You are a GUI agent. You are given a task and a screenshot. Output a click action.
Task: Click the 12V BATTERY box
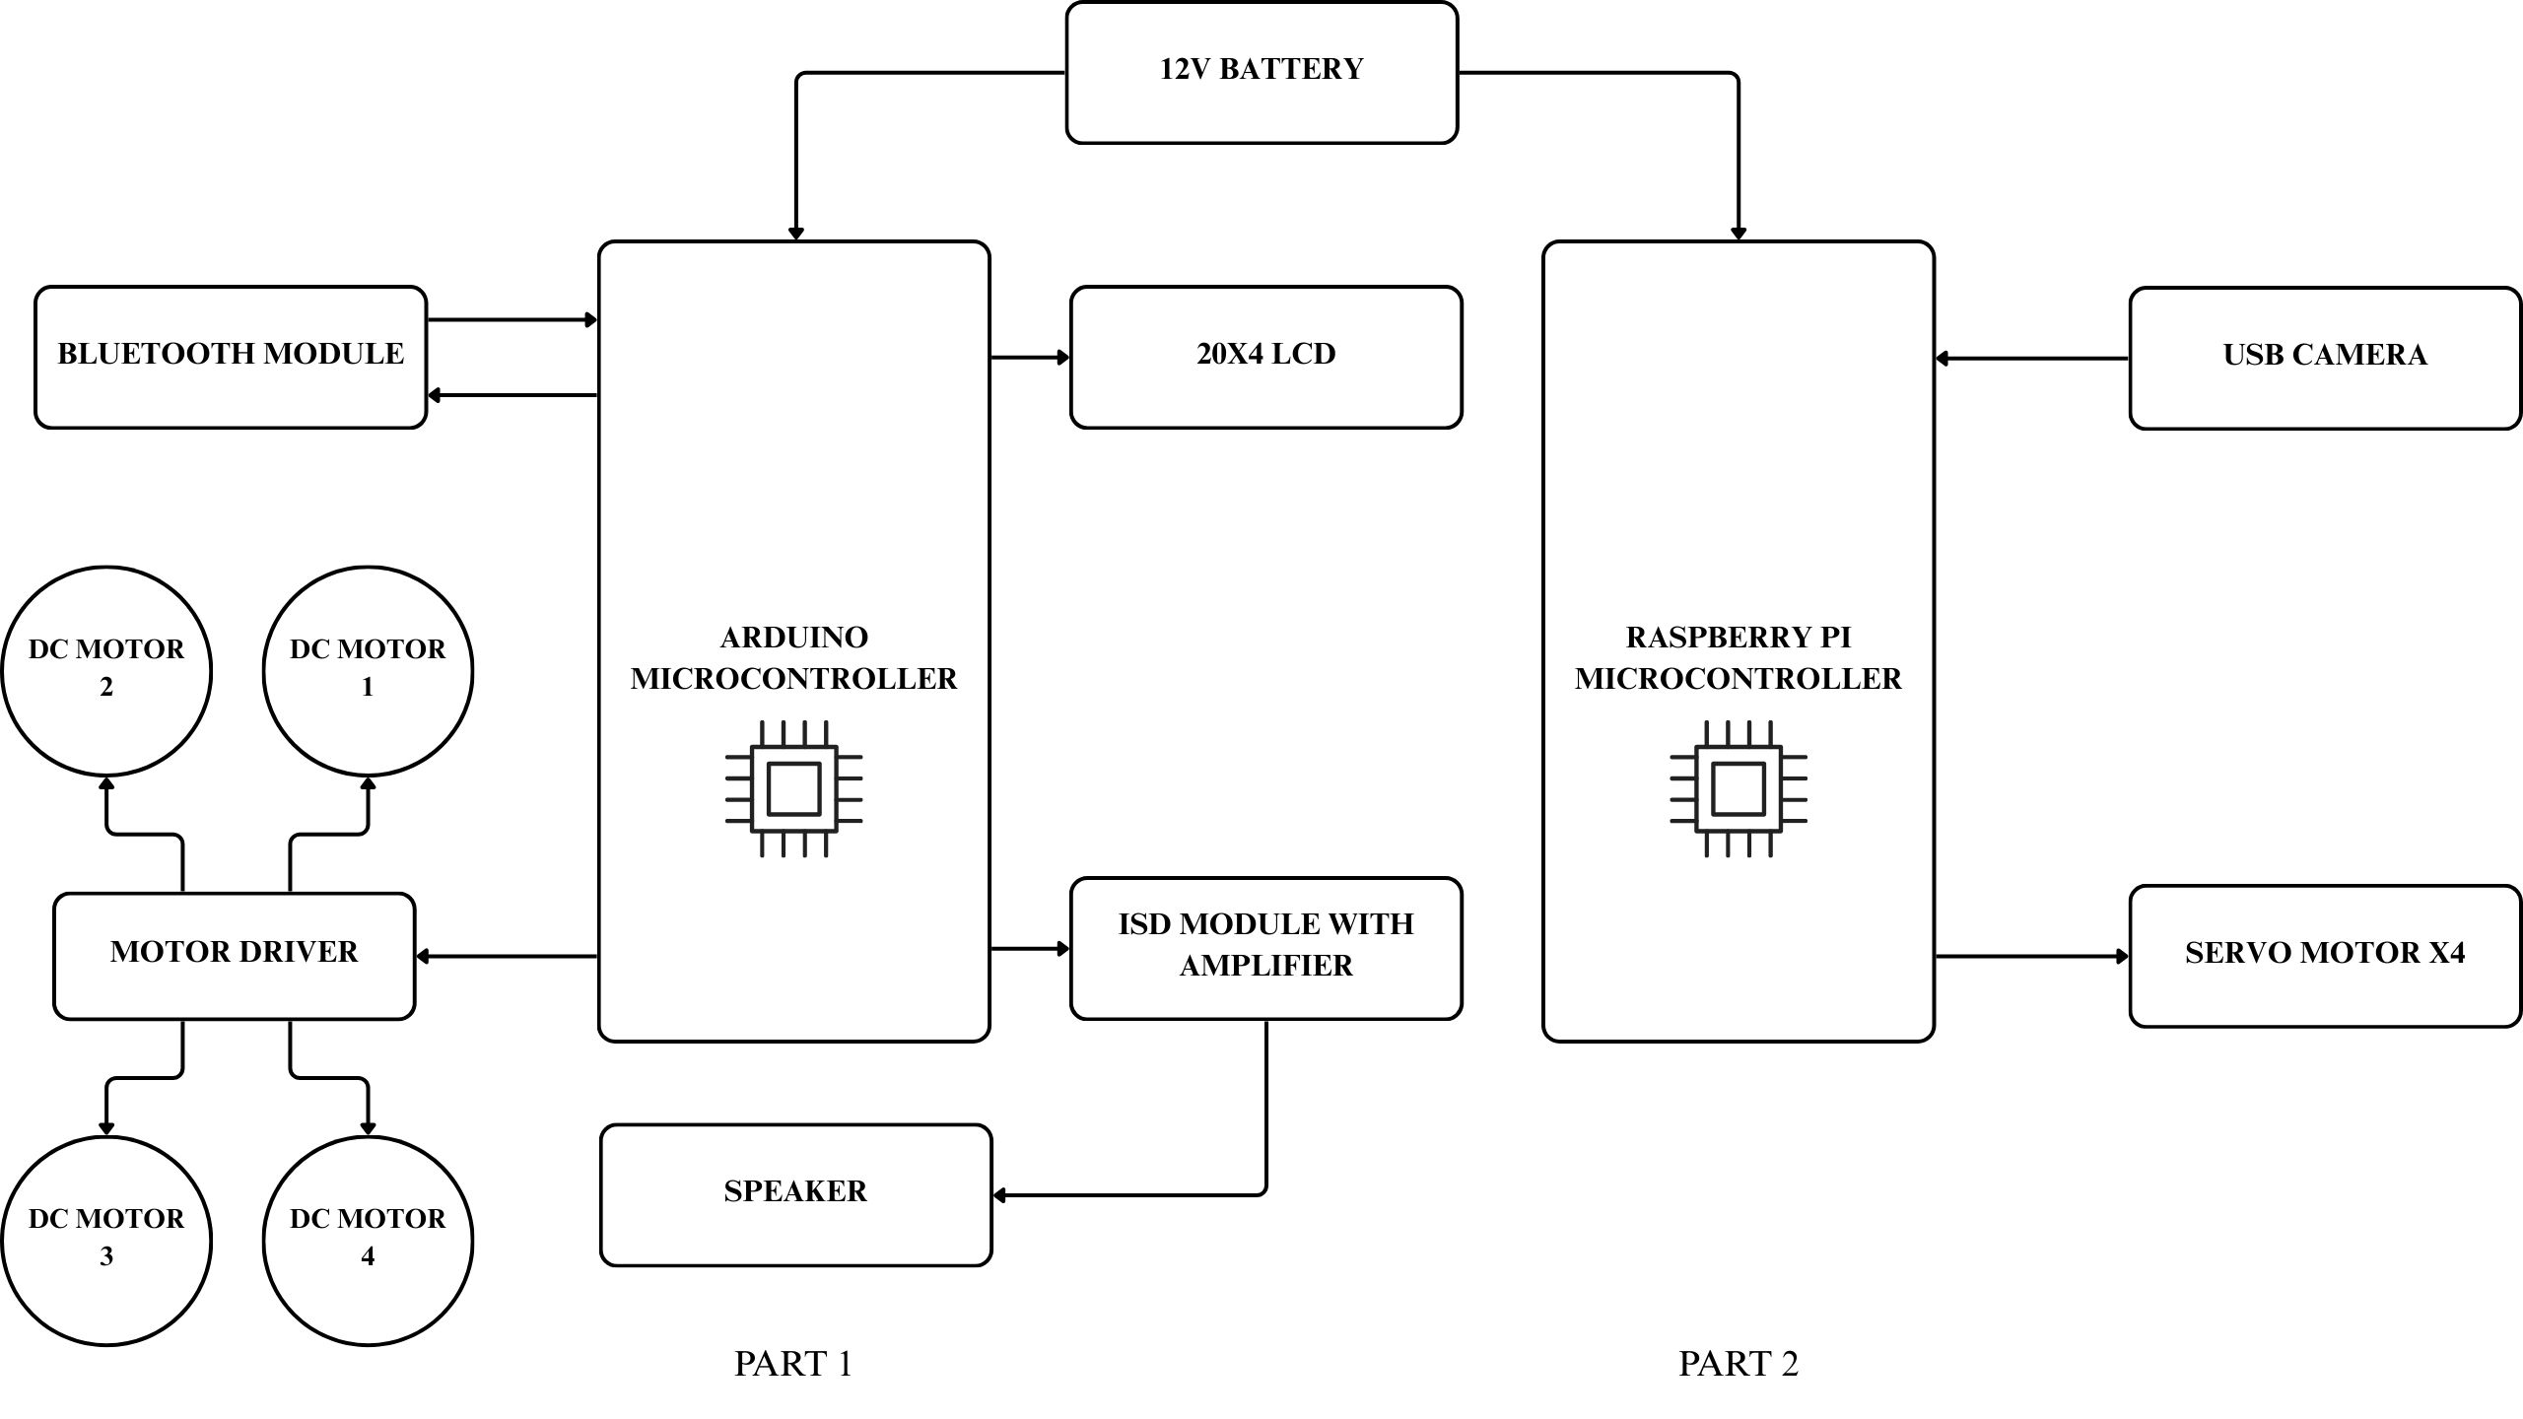tap(1261, 72)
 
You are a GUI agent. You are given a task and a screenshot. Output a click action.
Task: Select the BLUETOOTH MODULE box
tap(231, 357)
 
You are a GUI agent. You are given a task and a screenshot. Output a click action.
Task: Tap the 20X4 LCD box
tap(1265, 357)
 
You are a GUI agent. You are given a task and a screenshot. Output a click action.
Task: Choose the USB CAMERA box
tap(2325, 358)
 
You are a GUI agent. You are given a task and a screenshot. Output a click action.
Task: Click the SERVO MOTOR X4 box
tap(2325, 956)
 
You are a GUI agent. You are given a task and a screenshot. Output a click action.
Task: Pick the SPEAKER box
tap(795, 1194)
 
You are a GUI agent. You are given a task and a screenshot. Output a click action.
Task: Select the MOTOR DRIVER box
tap(234, 956)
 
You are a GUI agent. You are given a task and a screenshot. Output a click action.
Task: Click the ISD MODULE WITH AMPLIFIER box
tap(1265, 948)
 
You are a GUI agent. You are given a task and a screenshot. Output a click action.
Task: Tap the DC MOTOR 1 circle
tap(368, 671)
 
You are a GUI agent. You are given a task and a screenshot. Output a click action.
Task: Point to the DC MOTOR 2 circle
tap(106, 671)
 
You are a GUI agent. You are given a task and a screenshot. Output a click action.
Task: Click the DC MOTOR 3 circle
tap(106, 1241)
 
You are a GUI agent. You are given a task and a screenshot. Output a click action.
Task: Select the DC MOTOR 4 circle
tap(368, 1241)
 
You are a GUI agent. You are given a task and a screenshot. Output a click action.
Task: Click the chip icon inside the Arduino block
tap(793, 788)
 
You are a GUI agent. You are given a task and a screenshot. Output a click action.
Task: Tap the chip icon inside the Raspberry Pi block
tap(1739, 788)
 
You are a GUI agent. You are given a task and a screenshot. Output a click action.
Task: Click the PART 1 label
tap(793, 1364)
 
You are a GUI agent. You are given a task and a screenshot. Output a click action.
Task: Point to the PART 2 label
tap(1739, 1364)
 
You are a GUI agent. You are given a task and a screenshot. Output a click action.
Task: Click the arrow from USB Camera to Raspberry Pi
tap(2031, 359)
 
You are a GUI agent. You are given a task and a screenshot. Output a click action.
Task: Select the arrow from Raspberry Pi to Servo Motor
tap(2031, 956)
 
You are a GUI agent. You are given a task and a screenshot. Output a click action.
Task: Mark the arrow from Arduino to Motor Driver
tap(507, 956)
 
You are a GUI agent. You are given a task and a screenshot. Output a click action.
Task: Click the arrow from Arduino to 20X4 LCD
tap(1030, 358)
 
